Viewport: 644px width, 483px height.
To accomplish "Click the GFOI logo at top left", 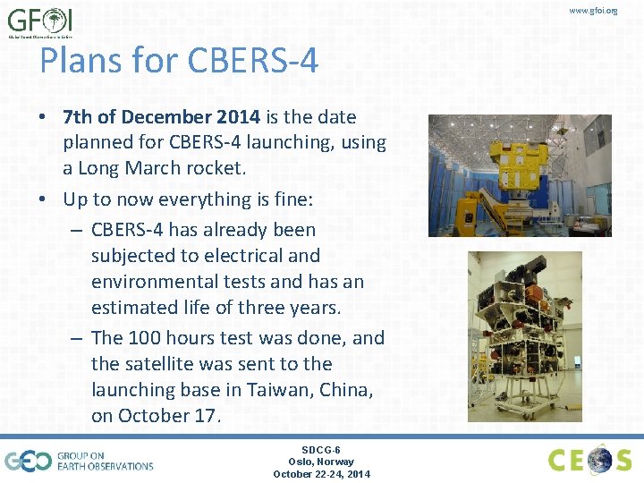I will click(40, 22).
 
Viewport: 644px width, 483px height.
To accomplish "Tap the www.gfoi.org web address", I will click(593, 11).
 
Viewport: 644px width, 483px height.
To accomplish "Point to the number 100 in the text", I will click(144, 338).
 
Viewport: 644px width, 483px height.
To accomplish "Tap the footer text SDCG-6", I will click(320, 450).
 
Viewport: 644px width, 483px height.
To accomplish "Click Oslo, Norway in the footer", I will click(320, 462).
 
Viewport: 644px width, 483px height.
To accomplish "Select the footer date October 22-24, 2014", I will click(320, 474).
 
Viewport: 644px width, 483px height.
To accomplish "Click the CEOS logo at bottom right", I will click(589, 460).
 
